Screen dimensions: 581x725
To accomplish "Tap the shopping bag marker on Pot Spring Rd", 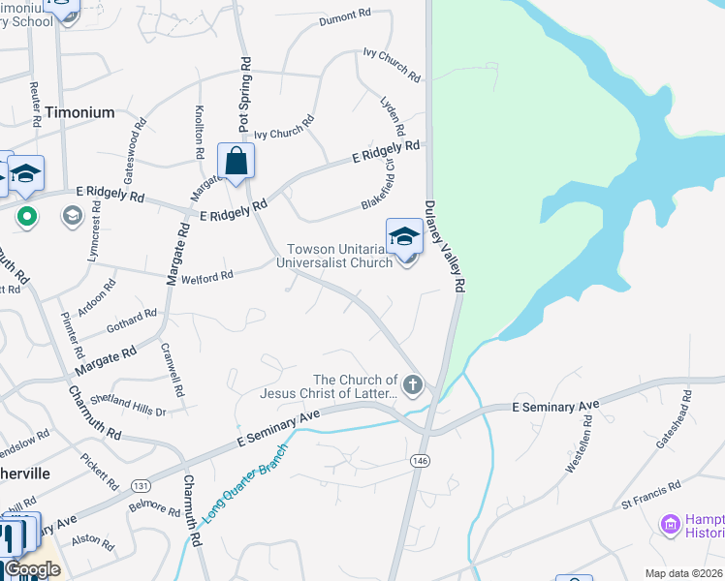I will pyautogui.click(x=236, y=163).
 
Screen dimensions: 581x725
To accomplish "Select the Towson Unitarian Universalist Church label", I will pyautogui.click(x=334, y=256).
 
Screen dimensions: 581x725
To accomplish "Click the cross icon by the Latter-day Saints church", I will pyautogui.click(x=413, y=386).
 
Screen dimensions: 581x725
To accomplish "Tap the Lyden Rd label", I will pyautogui.click(x=393, y=115).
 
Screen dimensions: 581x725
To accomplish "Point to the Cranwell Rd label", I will pyautogui.click(x=174, y=371).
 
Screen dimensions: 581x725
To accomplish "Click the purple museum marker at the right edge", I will pyautogui.click(x=670, y=525).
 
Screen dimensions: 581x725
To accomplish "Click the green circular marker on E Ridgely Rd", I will pyautogui.click(x=27, y=215).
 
